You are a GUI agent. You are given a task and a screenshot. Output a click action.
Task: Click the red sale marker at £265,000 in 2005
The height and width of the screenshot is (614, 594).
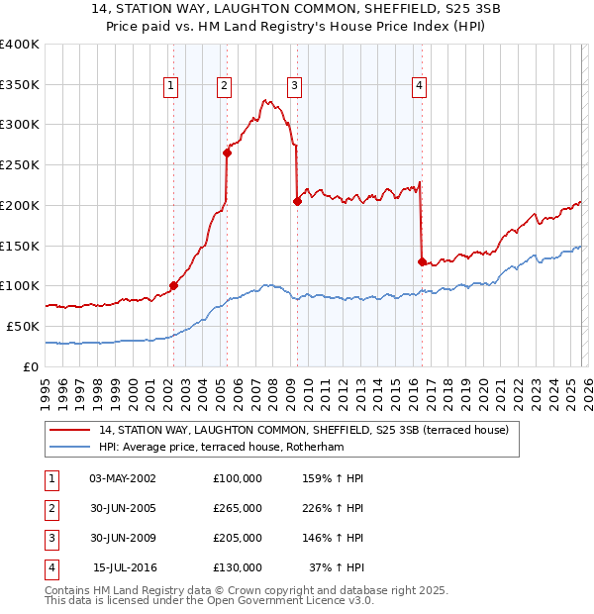pyautogui.click(x=228, y=153)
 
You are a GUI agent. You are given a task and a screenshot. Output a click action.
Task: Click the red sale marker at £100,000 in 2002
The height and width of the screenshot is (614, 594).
pyautogui.click(x=173, y=285)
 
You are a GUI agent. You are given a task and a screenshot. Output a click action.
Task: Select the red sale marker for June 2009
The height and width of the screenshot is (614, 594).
pyautogui.click(x=297, y=201)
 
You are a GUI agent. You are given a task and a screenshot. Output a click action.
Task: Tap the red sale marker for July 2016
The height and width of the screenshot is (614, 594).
pyautogui.click(x=422, y=261)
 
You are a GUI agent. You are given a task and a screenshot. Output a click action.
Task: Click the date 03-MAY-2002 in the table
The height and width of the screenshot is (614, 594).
pyautogui.click(x=123, y=478)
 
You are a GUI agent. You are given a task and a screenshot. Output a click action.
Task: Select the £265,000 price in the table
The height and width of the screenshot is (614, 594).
pyautogui.click(x=238, y=508)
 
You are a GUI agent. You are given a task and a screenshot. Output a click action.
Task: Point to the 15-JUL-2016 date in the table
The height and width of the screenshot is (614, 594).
pyautogui.click(x=125, y=567)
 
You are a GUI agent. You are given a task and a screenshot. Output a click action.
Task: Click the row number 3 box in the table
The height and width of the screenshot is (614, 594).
pyautogui.click(x=49, y=538)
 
